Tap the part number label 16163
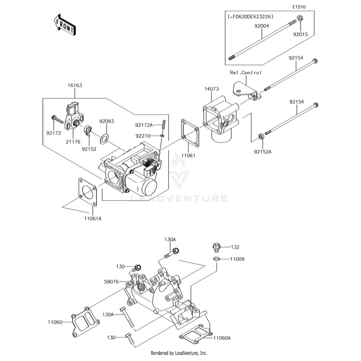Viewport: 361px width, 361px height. click(x=75, y=85)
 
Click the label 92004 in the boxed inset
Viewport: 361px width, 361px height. click(x=261, y=27)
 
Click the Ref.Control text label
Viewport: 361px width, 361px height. click(x=246, y=72)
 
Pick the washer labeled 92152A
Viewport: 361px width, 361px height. click(x=261, y=136)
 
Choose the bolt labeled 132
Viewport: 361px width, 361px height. click(x=216, y=247)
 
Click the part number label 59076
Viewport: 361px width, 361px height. click(x=111, y=282)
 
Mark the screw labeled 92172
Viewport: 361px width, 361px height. click(x=56, y=118)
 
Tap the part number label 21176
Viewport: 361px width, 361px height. click(x=73, y=142)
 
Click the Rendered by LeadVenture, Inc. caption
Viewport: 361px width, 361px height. click(x=179, y=353)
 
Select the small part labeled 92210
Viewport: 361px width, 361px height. click(x=162, y=135)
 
